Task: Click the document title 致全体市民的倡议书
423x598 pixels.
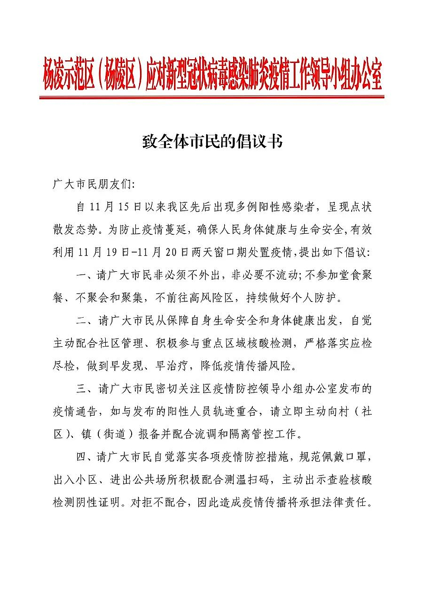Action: click(212, 142)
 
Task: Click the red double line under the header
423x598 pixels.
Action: click(212, 97)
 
